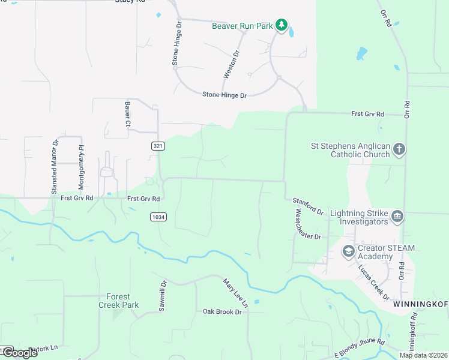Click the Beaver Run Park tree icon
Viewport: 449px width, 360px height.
click(281, 25)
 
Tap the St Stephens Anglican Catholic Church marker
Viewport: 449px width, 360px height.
click(399, 149)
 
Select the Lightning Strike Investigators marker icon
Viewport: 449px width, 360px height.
click(396, 217)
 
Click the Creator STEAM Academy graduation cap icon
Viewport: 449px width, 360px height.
click(348, 252)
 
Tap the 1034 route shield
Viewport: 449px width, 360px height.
click(158, 217)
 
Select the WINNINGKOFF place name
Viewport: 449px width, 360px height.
click(420, 305)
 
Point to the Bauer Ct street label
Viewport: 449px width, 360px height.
click(128, 114)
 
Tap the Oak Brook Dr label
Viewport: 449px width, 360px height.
click(221, 311)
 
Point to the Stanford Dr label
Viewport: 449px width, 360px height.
click(308, 206)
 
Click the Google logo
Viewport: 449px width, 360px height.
click(19, 353)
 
